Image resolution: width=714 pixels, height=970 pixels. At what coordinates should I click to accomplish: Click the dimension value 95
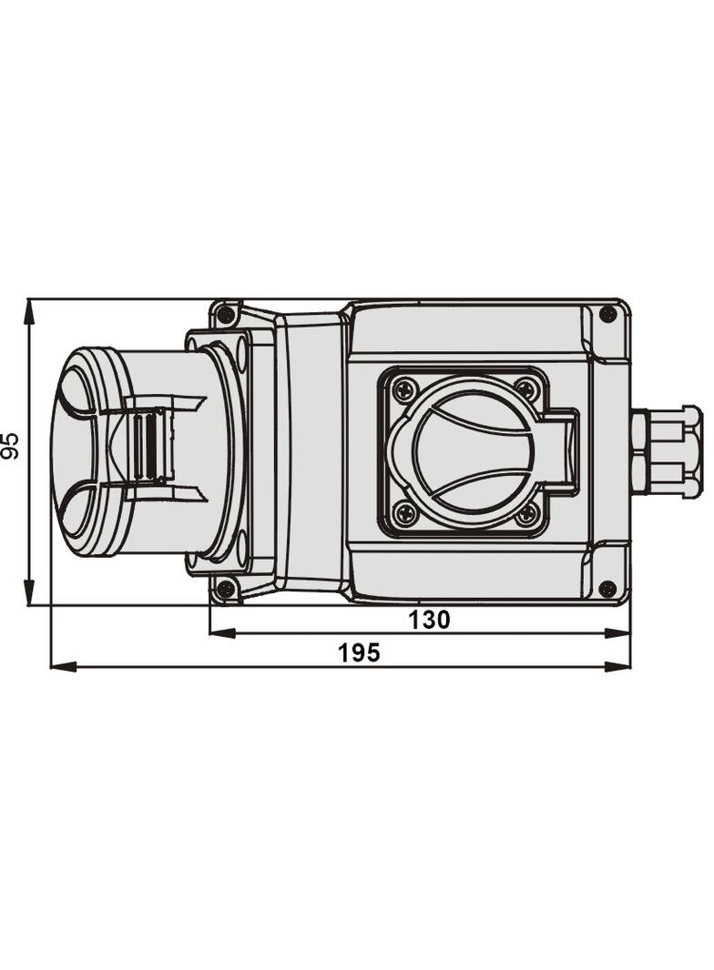[11, 446]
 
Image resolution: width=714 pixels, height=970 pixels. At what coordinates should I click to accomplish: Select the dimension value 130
[429, 621]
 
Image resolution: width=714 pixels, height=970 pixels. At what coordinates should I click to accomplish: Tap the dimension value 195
[359, 653]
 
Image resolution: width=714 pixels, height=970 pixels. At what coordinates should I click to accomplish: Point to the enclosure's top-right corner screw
[607, 314]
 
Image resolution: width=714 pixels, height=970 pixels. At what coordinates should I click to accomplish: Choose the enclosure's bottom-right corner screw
[607, 589]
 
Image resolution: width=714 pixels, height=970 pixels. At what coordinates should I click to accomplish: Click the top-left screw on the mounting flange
[225, 314]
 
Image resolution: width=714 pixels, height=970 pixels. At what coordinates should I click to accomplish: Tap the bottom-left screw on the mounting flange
[225, 590]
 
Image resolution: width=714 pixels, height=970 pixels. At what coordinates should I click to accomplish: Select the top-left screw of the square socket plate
[406, 389]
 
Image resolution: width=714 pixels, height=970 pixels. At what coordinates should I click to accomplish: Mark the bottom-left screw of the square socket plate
[406, 514]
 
